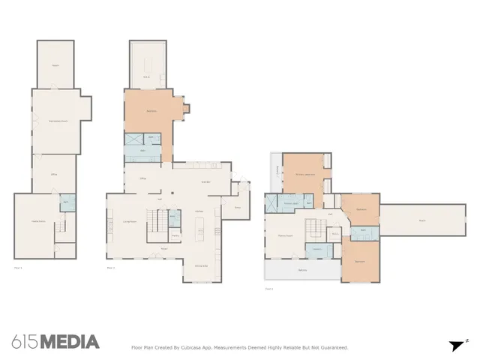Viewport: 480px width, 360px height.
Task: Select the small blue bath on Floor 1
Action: click(65, 203)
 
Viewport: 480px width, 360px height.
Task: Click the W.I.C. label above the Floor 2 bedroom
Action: click(147, 76)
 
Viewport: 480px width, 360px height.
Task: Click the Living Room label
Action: click(128, 222)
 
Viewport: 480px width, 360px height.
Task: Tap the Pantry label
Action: click(175, 235)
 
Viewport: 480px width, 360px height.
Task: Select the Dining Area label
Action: click(202, 266)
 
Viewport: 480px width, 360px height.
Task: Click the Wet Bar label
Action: click(205, 181)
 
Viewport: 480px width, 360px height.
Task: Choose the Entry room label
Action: click(238, 208)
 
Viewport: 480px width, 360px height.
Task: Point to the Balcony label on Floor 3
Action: click(302, 270)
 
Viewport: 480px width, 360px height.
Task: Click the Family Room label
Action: click(285, 235)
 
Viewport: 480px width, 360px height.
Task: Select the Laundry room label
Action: click(317, 249)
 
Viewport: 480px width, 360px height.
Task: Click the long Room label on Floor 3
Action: click(421, 220)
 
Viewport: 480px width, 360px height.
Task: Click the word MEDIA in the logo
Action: click(69, 342)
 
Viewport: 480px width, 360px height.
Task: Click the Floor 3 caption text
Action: click(268, 288)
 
